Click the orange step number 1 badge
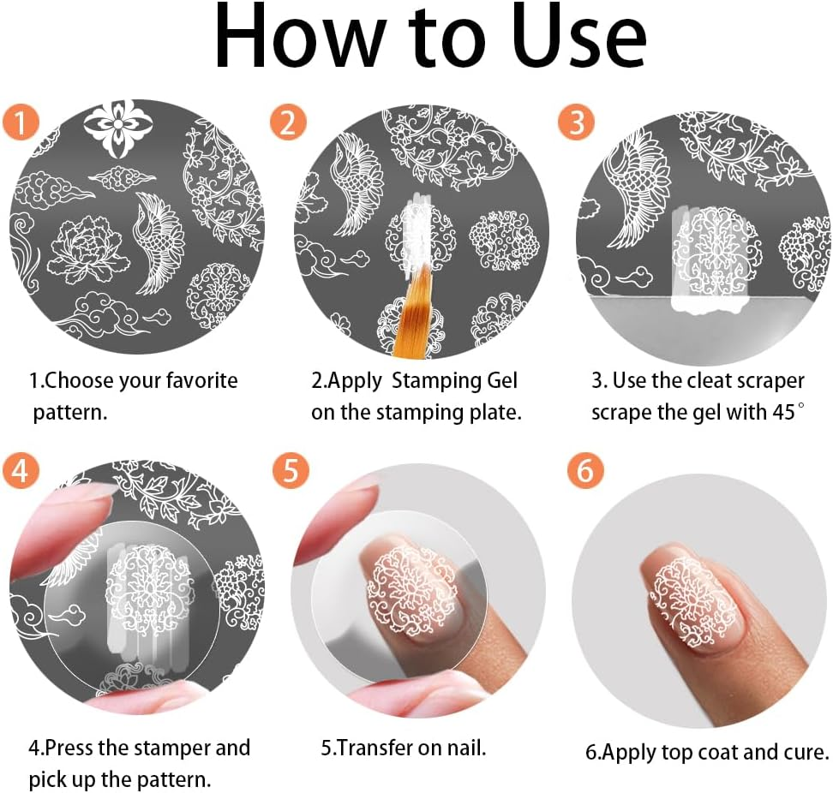tap(20, 123)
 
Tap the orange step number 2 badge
tap(288, 123)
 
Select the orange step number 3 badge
tap(576, 123)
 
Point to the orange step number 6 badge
tap(586, 471)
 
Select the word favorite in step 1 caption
tap(195, 380)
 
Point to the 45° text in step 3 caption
tap(787, 411)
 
